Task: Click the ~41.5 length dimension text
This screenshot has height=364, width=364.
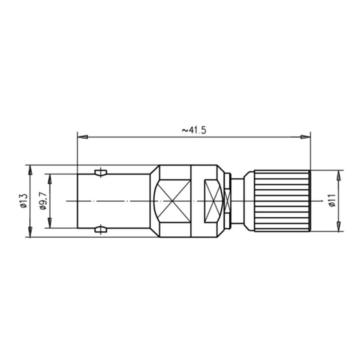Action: tap(194, 130)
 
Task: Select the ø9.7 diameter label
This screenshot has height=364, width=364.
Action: tap(43, 201)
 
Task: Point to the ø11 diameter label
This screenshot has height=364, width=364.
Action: tap(332, 201)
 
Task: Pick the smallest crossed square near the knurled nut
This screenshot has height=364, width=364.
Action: tap(228, 201)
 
